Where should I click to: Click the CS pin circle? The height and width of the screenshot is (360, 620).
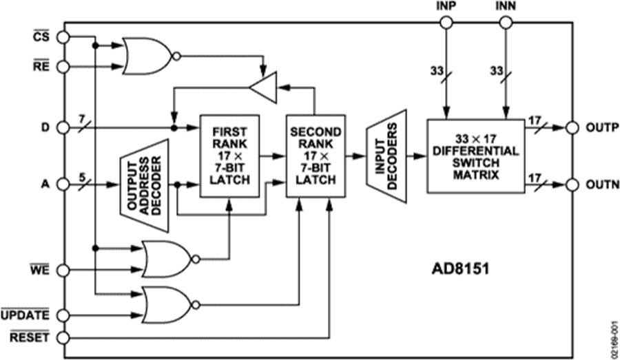point(63,36)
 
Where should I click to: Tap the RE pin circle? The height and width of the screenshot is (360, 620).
point(63,66)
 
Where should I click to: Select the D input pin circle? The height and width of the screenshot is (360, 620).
point(63,127)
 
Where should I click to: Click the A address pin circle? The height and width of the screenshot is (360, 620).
point(63,184)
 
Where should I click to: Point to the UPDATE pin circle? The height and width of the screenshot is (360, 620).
point(63,315)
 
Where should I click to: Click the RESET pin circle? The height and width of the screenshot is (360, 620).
point(63,337)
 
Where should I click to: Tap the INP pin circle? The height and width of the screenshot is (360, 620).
point(446,23)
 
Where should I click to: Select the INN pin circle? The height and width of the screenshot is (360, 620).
point(506,23)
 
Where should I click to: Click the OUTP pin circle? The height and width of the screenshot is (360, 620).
point(572,127)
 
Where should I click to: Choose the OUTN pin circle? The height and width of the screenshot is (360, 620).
point(572,184)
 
